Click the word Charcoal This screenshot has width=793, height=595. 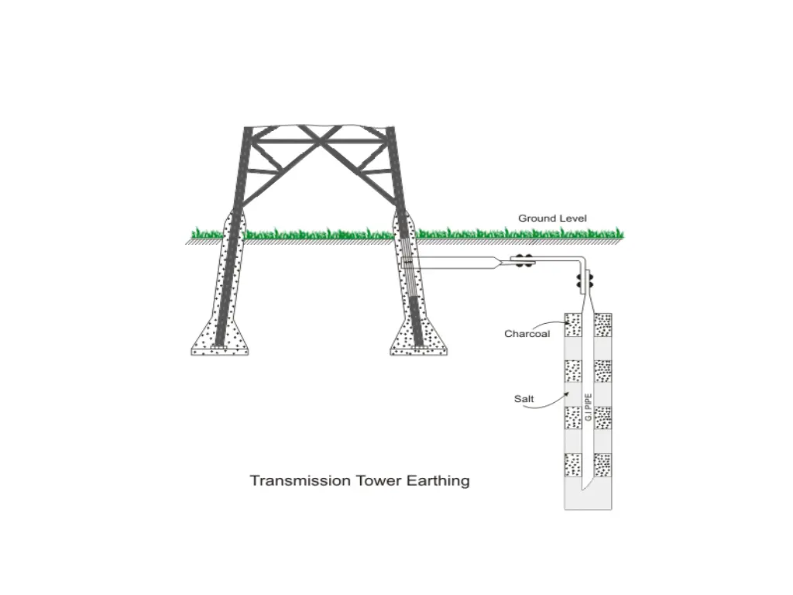[527, 335]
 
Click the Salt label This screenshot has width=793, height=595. [524, 399]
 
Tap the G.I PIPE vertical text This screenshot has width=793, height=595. [589, 408]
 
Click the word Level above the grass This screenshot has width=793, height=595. [574, 218]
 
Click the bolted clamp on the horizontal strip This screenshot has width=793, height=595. [524, 263]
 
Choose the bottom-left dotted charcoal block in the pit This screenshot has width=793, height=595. [573, 465]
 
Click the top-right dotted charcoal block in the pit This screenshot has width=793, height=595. [602, 325]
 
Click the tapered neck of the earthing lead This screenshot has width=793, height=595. [494, 263]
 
